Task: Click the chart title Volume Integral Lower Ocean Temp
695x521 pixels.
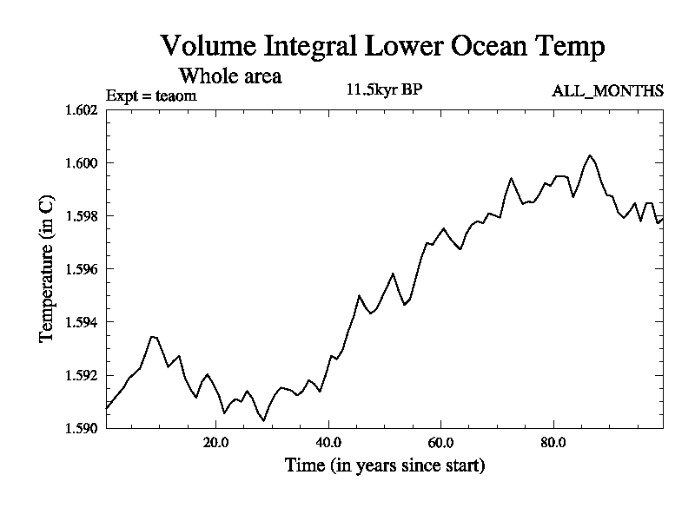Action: click(382, 47)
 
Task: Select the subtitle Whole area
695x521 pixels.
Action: click(230, 76)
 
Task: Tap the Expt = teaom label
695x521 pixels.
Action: click(151, 96)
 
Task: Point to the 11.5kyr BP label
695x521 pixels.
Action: click(385, 89)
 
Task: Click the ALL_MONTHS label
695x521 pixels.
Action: click(608, 90)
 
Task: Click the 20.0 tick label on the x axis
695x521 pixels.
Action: click(216, 442)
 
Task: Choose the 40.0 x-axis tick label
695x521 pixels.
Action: click(328, 442)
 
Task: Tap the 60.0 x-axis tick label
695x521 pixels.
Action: click(441, 442)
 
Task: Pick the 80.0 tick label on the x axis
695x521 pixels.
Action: click(553, 442)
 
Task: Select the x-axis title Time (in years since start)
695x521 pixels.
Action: click(385, 466)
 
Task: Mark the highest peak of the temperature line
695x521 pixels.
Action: click(590, 155)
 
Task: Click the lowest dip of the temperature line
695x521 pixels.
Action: click(264, 420)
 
